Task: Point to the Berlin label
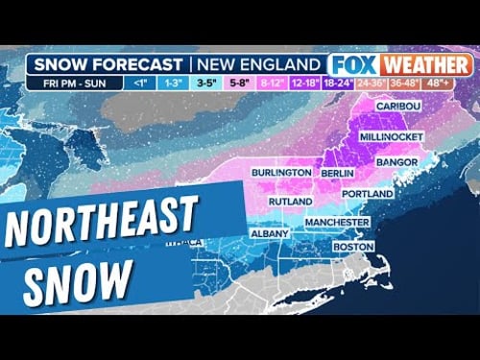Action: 338,172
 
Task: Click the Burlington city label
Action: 281,172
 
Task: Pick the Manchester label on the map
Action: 337,222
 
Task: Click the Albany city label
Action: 270,233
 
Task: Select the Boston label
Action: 352,247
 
